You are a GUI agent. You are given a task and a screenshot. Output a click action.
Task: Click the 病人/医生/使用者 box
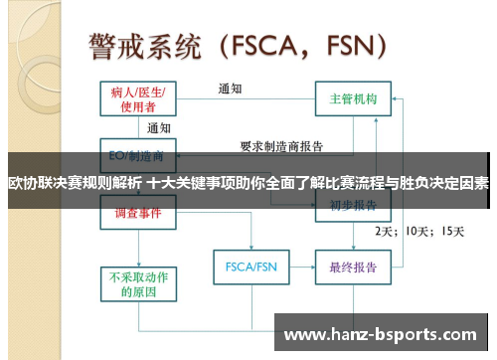pyautogui.click(x=138, y=97)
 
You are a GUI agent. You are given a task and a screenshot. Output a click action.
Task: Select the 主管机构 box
pyautogui.click(x=353, y=99)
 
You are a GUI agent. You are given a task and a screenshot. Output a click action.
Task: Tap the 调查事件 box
pyautogui.click(x=138, y=213)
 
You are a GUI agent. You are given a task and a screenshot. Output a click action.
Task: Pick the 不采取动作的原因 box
pyautogui.click(x=138, y=283)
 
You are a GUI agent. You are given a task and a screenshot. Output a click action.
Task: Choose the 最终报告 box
pyautogui.click(x=353, y=268)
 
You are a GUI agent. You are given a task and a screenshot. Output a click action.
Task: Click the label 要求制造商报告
pyautogui.click(x=281, y=145)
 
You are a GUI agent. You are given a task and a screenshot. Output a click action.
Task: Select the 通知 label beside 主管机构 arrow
pyautogui.click(x=231, y=89)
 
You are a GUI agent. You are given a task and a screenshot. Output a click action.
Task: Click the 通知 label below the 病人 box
pyautogui.click(x=158, y=128)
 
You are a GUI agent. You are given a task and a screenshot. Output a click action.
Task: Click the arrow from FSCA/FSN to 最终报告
pyautogui.click(x=299, y=268)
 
